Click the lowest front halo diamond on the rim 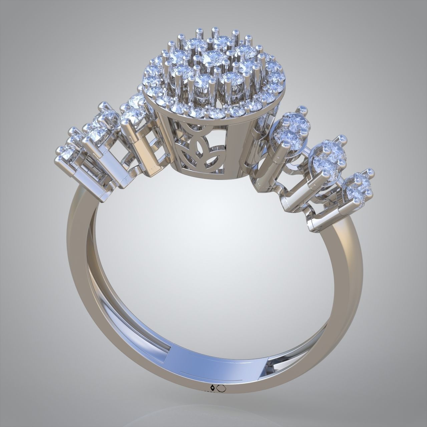pyautogui.click(x=213, y=113)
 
